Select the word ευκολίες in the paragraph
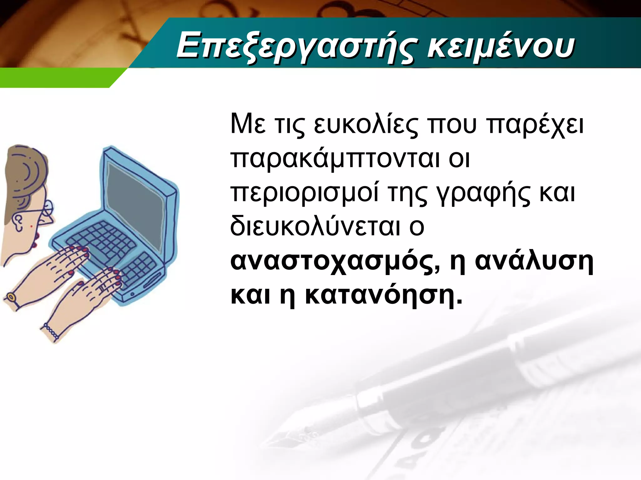(366, 125)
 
